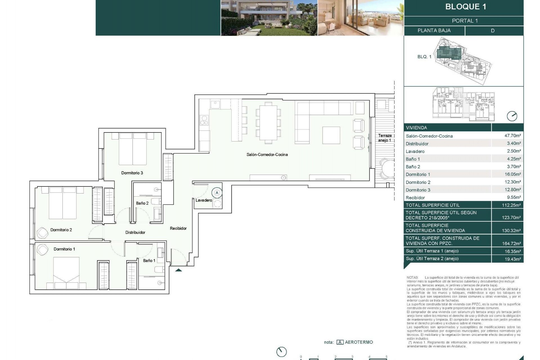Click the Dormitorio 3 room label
(x=132, y=173)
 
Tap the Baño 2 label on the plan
(x=142, y=203)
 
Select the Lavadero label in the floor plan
(x=204, y=200)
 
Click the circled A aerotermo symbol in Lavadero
(x=217, y=193)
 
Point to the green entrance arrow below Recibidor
(x=179, y=270)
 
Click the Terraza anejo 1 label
(x=385, y=138)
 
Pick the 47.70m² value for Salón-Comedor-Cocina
(x=512, y=136)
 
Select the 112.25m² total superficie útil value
(x=511, y=205)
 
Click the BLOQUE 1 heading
(x=465, y=7)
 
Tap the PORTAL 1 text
(x=465, y=21)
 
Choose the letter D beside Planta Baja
(x=492, y=31)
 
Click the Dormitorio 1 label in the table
(x=418, y=174)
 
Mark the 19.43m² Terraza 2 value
(x=512, y=259)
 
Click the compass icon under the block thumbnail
(x=512, y=116)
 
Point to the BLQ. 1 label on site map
(x=424, y=57)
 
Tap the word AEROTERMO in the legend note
(x=359, y=342)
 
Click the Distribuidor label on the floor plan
(x=135, y=232)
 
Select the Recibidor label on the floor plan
(x=178, y=228)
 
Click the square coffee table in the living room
(x=331, y=135)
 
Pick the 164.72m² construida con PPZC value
(x=511, y=244)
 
